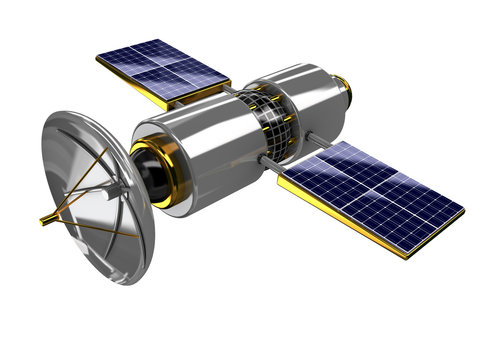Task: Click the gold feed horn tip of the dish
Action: tap(44, 218)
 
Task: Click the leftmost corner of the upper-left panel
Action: tap(97, 58)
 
